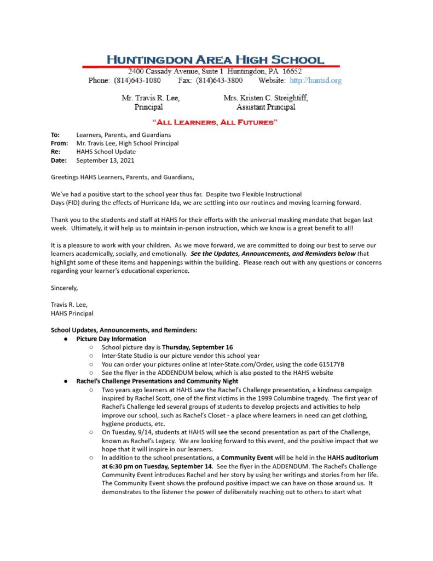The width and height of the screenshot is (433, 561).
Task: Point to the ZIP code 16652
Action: click(290, 72)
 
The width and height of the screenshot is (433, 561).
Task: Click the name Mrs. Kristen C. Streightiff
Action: click(265, 98)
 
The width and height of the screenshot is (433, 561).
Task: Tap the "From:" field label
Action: click(59, 144)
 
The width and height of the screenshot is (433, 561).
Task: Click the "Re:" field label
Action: click(55, 152)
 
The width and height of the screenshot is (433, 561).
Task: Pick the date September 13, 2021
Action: click(105, 161)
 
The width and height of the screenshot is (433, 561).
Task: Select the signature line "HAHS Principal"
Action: click(72, 313)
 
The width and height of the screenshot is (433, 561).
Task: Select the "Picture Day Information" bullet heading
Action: click(111, 339)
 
